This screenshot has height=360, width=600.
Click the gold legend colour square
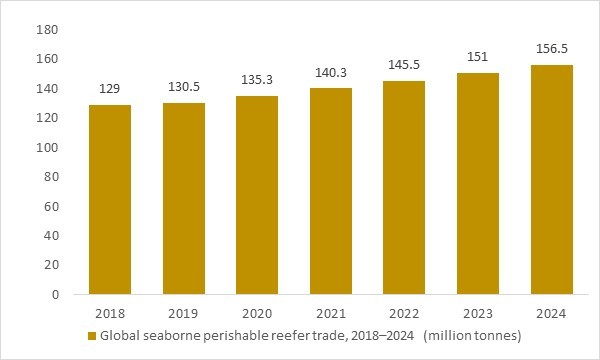[x=93, y=336]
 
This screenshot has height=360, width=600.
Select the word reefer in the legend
[x=276, y=336]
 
